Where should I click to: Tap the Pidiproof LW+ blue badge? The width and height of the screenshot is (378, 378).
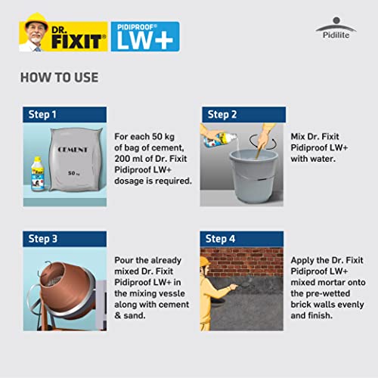pyautogui.click(x=145, y=36)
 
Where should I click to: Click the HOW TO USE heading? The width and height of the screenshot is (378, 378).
pyautogui.click(x=58, y=78)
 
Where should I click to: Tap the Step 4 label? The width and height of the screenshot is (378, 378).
pyautogui.click(x=222, y=239)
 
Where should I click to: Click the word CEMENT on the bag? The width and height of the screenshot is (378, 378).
pyautogui.click(x=73, y=150)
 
